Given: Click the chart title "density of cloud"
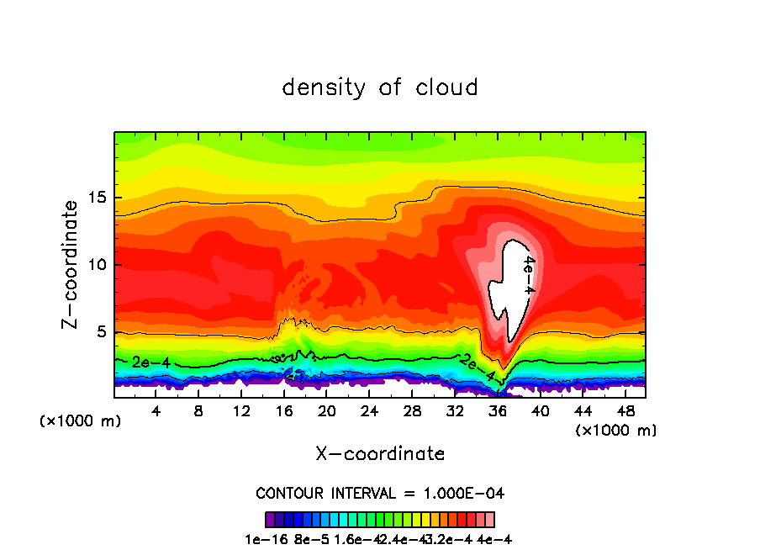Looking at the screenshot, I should [x=380, y=87].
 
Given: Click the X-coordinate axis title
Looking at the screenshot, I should [x=380, y=454].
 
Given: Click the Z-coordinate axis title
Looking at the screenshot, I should [x=71, y=264].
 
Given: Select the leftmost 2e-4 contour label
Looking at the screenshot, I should [x=150, y=362].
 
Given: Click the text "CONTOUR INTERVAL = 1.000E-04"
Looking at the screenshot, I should [x=380, y=493].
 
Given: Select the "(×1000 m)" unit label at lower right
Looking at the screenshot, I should [x=616, y=431].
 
